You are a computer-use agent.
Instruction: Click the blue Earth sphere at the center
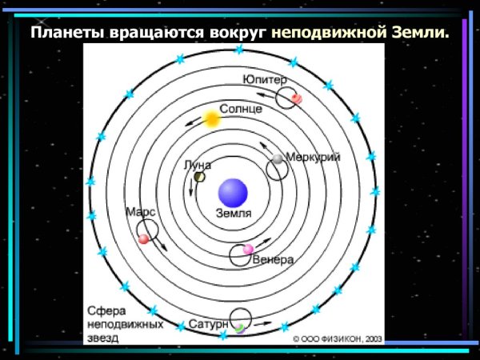pos(233,192)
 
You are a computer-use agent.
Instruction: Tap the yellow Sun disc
pos(211,119)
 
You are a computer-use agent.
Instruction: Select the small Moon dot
pos(199,177)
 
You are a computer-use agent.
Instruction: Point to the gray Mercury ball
pos(278,159)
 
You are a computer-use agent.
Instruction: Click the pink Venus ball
pos(248,250)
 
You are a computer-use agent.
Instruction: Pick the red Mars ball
pos(144,238)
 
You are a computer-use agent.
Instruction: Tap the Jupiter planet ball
pos(296,98)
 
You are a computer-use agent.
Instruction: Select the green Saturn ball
pos(238,328)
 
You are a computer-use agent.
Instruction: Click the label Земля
pos(234,214)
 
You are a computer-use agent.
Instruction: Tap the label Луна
pos(198,165)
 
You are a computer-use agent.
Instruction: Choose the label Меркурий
pos(313,158)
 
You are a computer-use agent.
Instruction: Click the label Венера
pos(272,260)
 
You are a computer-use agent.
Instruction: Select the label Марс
pos(140,212)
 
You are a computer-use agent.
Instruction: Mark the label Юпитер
pos(266,81)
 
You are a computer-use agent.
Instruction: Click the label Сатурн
pos(210,325)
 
